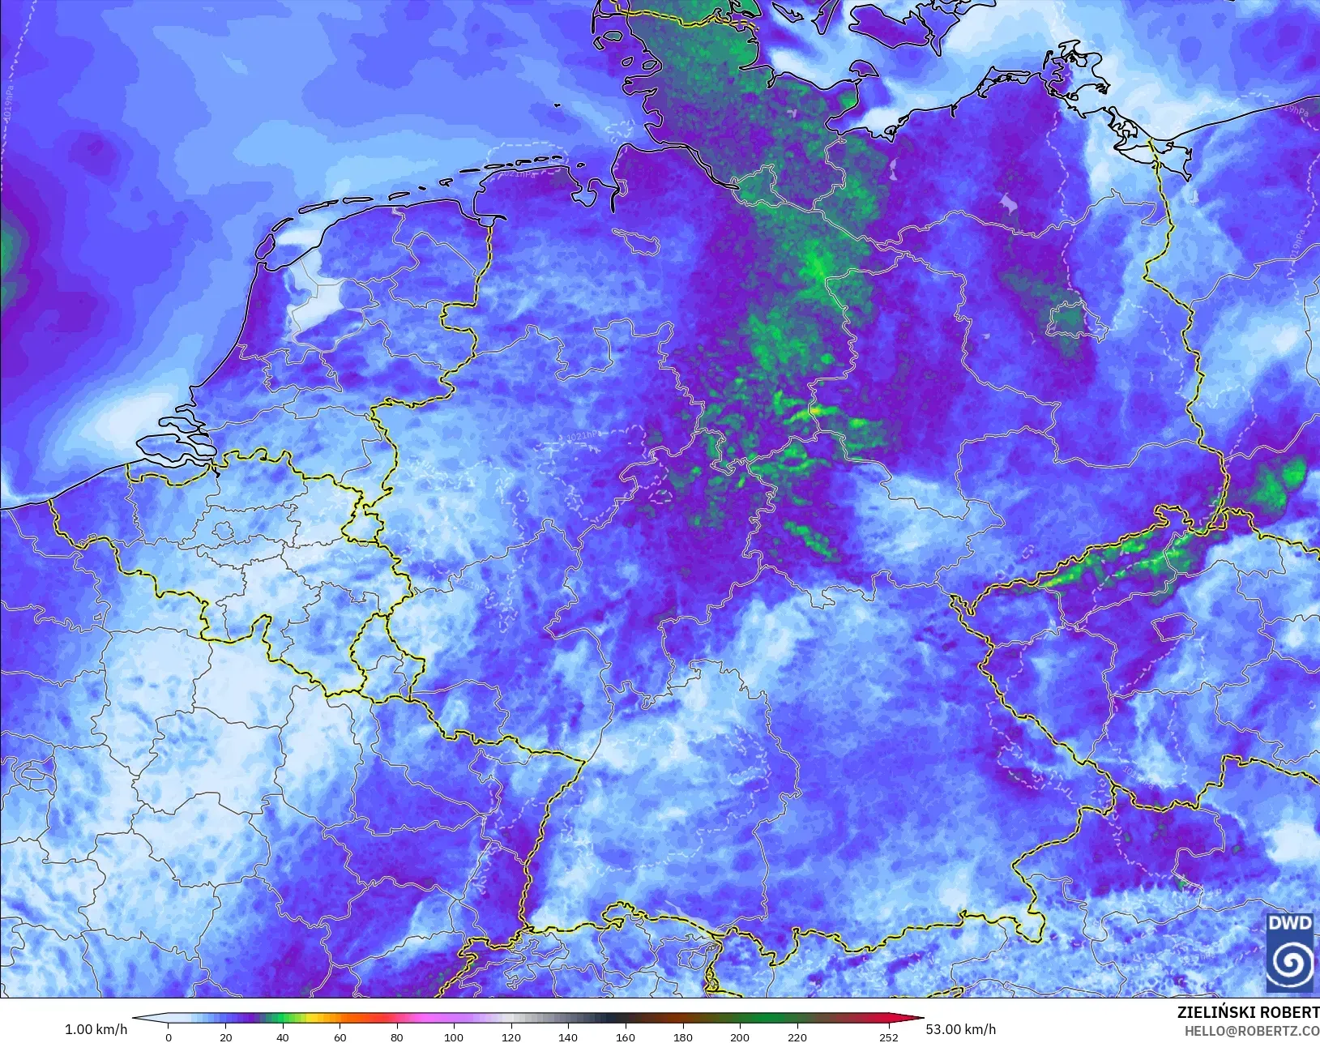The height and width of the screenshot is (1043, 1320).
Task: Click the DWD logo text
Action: (1291, 924)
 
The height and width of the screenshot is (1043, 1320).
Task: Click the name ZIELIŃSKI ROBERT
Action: (1248, 1012)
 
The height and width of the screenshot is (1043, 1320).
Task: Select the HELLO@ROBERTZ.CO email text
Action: (1252, 1030)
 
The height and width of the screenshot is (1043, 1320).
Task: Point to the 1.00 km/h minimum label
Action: (96, 1029)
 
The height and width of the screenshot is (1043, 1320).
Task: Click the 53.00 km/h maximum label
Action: (960, 1029)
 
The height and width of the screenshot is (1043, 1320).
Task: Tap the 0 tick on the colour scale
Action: (169, 1037)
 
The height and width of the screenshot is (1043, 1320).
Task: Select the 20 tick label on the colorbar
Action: (225, 1037)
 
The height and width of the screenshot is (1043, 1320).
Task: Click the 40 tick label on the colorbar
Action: (283, 1037)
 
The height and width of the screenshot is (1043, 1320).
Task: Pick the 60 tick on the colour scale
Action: (340, 1037)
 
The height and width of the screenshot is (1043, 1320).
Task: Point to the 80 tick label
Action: (396, 1037)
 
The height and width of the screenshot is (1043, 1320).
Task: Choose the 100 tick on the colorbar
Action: (454, 1037)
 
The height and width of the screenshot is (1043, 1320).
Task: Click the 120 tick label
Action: (510, 1037)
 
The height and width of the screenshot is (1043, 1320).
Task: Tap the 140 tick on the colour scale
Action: (568, 1037)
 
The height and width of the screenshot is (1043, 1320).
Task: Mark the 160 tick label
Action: (625, 1037)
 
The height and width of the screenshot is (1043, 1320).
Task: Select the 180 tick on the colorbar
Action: (682, 1037)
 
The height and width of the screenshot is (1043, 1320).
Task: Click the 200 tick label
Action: (739, 1037)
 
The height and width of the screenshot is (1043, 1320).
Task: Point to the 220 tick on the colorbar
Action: (797, 1037)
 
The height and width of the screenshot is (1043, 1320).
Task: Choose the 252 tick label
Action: (888, 1037)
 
